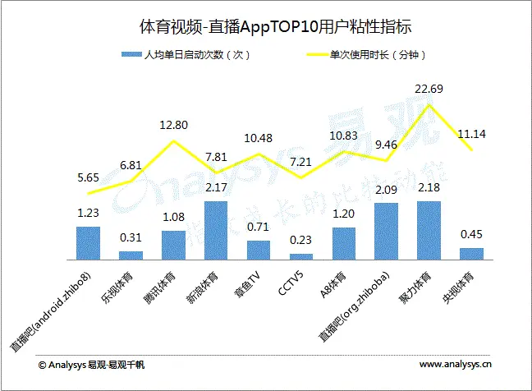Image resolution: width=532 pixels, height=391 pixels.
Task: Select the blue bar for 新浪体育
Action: [x=216, y=230]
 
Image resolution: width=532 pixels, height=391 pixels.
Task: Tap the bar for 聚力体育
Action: [x=429, y=230]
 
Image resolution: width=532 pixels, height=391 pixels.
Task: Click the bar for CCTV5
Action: [x=301, y=256]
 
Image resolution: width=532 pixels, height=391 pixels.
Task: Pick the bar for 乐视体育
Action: [x=131, y=255]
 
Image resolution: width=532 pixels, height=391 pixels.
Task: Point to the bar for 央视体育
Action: [x=471, y=253]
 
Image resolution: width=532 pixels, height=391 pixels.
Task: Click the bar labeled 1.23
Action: [x=88, y=242]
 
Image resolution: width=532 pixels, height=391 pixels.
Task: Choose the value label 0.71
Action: [x=259, y=227]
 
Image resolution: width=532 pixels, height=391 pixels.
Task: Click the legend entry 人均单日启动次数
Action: [x=190, y=56]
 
